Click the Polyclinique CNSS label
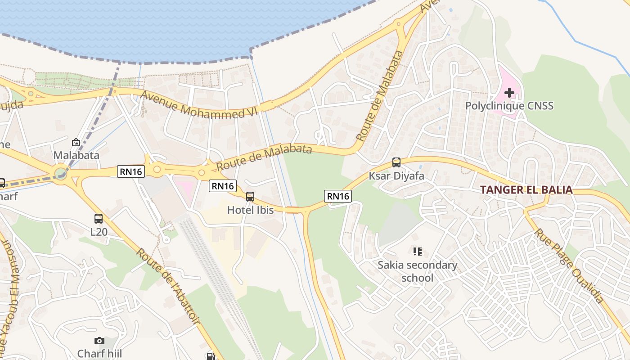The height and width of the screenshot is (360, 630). pos(509,106)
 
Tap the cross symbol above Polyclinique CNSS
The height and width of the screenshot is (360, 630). pos(509,93)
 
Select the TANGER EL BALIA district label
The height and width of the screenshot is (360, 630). pos(526,189)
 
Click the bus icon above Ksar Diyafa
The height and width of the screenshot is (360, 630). pos(396,162)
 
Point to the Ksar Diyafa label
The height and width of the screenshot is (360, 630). pos(396,175)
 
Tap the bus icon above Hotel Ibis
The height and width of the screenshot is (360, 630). pos(250,197)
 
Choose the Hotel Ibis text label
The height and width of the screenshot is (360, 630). pos(250,210)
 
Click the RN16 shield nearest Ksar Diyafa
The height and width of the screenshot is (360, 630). pos(338,196)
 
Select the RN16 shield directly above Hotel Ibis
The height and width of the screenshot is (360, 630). pos(223,185)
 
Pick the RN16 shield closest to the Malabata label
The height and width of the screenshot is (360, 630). pos(131,171)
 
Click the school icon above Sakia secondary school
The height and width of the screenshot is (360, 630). pos(417,252)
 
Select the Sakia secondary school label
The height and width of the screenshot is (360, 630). pos(417,271)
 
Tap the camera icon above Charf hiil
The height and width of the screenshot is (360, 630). pos(99,341)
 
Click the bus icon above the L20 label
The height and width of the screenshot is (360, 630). pos(99,219)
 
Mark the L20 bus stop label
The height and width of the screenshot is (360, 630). pos(99,232)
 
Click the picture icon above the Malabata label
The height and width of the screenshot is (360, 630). pos(76,142)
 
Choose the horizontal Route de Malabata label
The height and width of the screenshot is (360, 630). pos(264,157)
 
